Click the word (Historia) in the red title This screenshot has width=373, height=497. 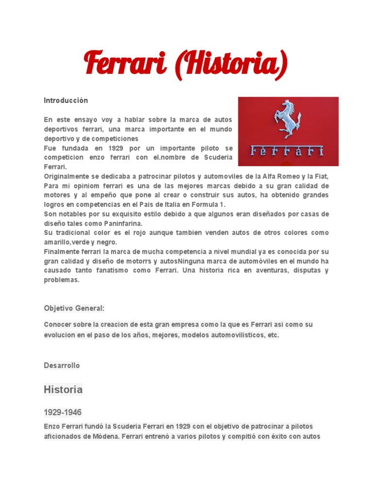[x=230, y=63]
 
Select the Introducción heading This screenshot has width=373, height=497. [x=66, y=100]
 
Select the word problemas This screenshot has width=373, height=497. [x=61, y=280]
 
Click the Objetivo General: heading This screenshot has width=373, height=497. [x=74, y=308]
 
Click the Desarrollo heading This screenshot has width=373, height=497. [x=62, y=365]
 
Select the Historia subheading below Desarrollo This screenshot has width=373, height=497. [x=63, y=389]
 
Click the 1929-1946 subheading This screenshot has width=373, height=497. [x=63, y=412]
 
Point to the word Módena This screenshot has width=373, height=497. [x=104, y=436]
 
